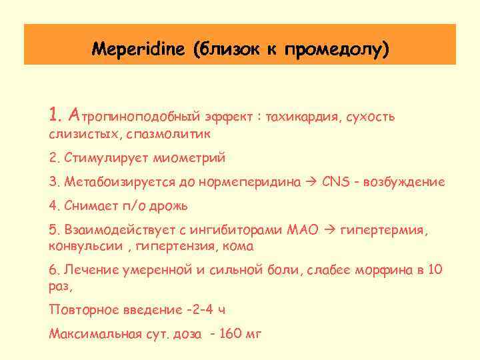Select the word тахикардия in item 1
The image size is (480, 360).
(x=304, y=117)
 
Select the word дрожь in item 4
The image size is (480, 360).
(x=169, y=205)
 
